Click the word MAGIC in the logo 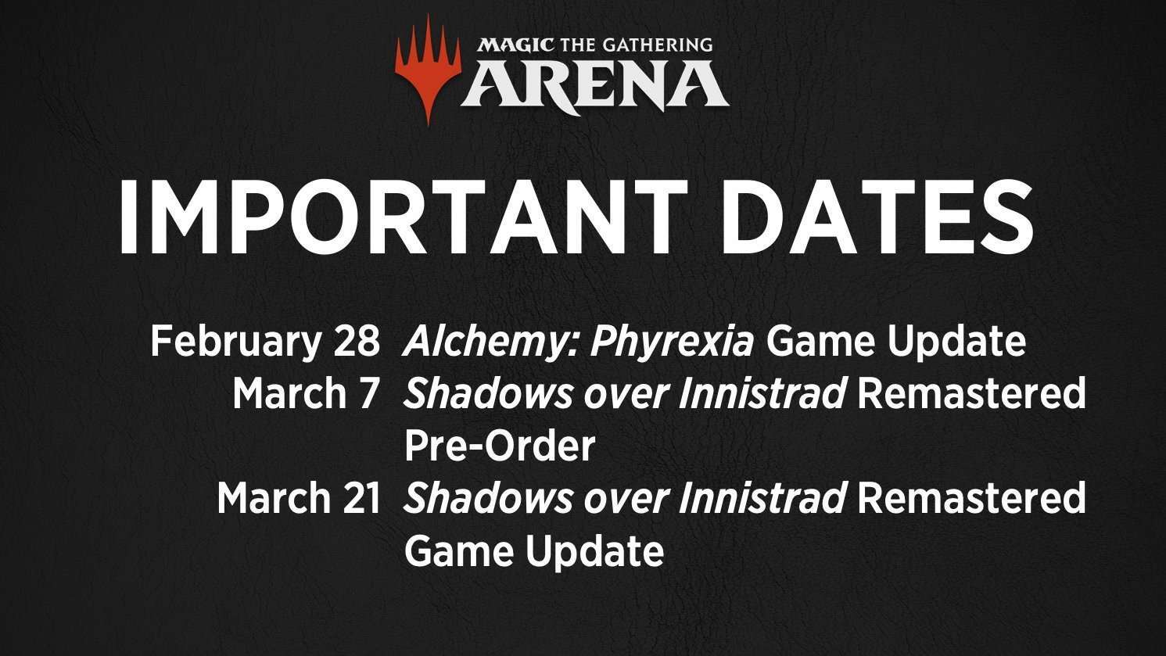515,45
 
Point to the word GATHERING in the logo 658,45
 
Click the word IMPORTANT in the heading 404,217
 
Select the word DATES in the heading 876,217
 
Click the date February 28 265,342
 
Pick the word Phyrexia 672,342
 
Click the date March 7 304,393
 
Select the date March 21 298,498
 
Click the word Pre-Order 500,446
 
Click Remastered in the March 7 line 971,393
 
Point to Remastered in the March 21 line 971,498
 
